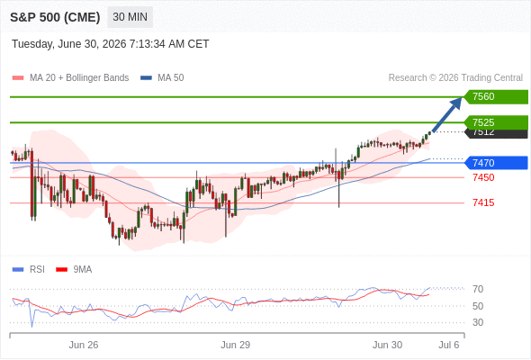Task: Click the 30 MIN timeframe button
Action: point(130,17)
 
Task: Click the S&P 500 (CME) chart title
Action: point(55,17)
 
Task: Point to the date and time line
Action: point(111,44)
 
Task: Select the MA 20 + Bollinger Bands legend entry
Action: point(70,78)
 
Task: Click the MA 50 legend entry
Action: point(162,78)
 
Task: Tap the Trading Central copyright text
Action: point(455,78)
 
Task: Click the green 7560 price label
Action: point(496,97)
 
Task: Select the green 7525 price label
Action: point(496,122)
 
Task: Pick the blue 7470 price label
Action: point(496,163)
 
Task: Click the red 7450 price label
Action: point(483,177)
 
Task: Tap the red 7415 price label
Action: point(483,202)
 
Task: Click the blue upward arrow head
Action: point(456,103)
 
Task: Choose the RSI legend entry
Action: point(29,270)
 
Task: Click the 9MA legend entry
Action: point(74,270)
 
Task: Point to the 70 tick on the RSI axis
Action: point(478,289)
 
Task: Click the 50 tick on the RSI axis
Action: point(478,306)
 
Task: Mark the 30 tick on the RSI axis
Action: point(478,322)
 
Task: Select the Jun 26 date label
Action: point(84,345)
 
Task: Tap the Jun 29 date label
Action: point(236,345)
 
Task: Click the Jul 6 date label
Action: point(449,345)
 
